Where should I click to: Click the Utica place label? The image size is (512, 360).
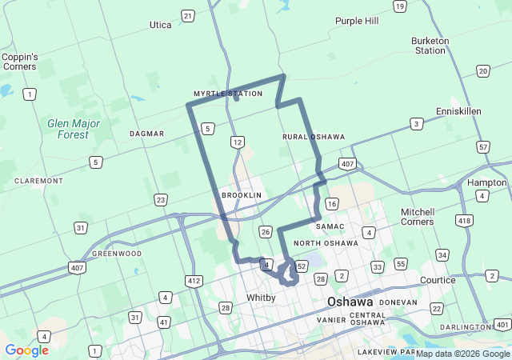[160, 25]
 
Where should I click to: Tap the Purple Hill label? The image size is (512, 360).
[357, 21]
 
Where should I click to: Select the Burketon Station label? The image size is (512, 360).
[430, 46]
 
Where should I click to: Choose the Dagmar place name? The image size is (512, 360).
[147, 134]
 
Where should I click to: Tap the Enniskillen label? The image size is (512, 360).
[458, 111]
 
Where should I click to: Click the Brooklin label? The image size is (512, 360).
[242, 195]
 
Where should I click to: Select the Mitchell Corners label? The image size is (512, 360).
[418, 217]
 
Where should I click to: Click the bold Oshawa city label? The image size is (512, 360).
[350, 302]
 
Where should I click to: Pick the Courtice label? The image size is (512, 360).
[438, 281]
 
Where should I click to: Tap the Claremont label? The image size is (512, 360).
[38, 181]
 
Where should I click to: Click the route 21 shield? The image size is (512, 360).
[187, 15]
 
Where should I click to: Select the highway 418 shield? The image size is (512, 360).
[464, 220]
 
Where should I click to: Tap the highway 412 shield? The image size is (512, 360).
[194, 281]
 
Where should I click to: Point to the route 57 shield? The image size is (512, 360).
[482, 147]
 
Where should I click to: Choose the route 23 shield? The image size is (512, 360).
[161, 199]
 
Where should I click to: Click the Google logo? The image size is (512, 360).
[26, 350]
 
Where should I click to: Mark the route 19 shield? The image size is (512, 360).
[399, 6]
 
